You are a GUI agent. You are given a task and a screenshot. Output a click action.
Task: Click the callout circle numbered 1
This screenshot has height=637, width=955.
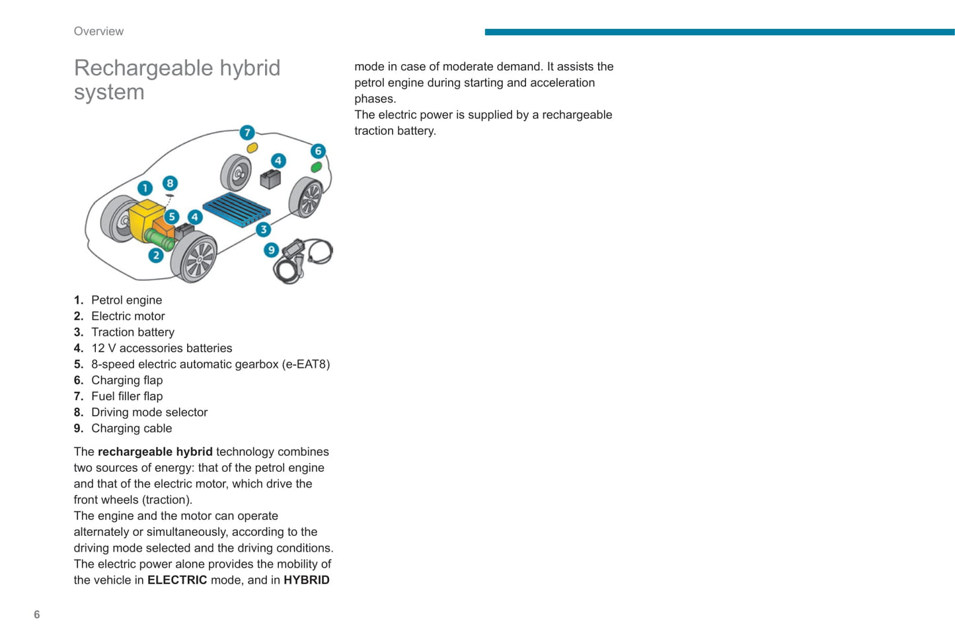(x=145, y=188)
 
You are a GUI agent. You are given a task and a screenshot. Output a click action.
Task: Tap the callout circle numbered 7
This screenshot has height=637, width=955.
(x=247, y=132)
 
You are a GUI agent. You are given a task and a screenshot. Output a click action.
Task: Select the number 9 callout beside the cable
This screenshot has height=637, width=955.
(x=271, y=250)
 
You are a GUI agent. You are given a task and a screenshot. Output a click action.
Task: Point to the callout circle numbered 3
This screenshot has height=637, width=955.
(x=264, y=229)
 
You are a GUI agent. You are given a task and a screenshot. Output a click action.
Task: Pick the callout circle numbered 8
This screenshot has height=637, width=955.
(x=170, y=183)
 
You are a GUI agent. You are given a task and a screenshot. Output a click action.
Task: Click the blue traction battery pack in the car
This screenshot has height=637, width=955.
(x=236, y=209)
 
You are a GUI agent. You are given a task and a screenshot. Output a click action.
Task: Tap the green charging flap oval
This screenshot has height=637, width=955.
(x=317, y=167)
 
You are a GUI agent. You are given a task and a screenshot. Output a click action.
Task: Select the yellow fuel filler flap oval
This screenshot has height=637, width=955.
(x=252, y=148)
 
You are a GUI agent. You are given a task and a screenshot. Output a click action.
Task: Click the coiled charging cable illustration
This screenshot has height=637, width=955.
(x=304, y=260)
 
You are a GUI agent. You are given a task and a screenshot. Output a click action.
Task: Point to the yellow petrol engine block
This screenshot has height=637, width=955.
(x=145, y=217)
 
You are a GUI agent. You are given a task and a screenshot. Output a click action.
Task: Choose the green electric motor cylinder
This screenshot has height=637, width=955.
(x=159, y=239)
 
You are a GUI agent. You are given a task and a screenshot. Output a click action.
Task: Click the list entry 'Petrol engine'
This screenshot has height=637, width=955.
(x=126, y=300)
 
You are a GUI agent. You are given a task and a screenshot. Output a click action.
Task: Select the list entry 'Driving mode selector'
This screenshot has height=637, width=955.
(x=149, y=412)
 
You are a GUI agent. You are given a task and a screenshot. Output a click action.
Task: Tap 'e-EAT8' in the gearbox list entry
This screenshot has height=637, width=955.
(x=306, y=364)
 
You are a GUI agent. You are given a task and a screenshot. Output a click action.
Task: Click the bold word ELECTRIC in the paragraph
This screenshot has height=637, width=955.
(x=177, y=580)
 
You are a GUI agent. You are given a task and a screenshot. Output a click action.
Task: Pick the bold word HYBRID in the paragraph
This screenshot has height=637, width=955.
(x=306, y=580)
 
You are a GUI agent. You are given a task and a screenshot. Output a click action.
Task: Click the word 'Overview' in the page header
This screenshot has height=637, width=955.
(x=98, y=31)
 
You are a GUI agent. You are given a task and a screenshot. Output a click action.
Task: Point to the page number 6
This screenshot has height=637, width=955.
(x=37, y=615)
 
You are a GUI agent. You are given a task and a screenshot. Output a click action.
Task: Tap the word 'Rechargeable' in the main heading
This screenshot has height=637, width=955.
(x=143, y=68)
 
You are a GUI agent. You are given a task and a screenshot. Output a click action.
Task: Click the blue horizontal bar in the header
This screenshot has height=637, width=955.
(x=719, y=32)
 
